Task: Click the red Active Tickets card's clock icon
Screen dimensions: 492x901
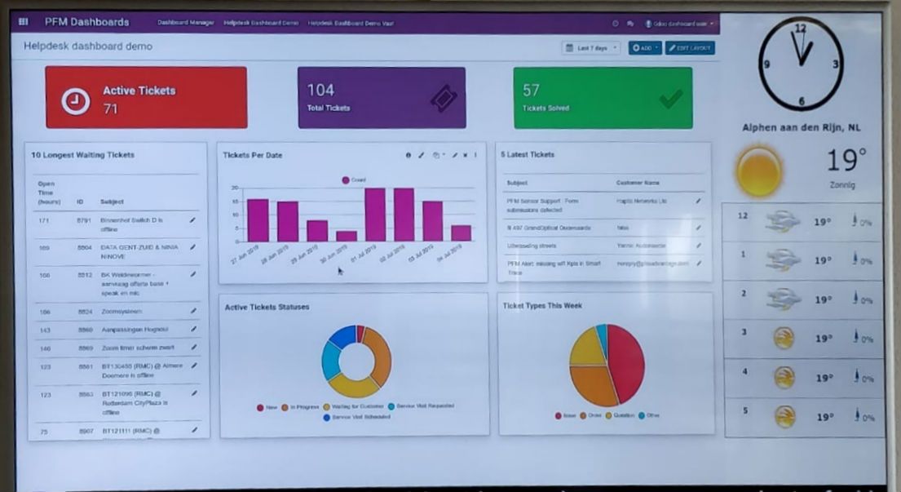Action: click(x=76, y=100)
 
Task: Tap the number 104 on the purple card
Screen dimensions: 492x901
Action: click(x=320, y=91)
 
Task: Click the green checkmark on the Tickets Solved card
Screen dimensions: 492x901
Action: click(x=670, y=100)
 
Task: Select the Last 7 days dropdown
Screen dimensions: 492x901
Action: click(x=591, y=48)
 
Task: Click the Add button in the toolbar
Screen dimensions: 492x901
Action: click(x=645, y=48)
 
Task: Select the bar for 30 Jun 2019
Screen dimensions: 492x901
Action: click(x=347, y=236)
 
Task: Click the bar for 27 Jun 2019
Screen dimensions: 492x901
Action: click(x=258, y=219)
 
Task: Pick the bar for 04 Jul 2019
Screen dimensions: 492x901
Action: click(x=462, y=233)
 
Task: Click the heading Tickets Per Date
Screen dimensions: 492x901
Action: click(x=253, y=155)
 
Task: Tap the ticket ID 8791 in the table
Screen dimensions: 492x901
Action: click(x=84, y=220)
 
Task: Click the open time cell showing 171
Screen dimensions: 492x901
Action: click(x=44, y=220)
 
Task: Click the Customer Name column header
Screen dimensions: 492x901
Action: click(x=638, y=183)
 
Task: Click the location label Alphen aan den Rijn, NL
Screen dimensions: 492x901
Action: click(x=802, y=128)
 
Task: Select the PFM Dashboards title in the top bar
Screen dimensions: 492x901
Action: click(x=86, y=22)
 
